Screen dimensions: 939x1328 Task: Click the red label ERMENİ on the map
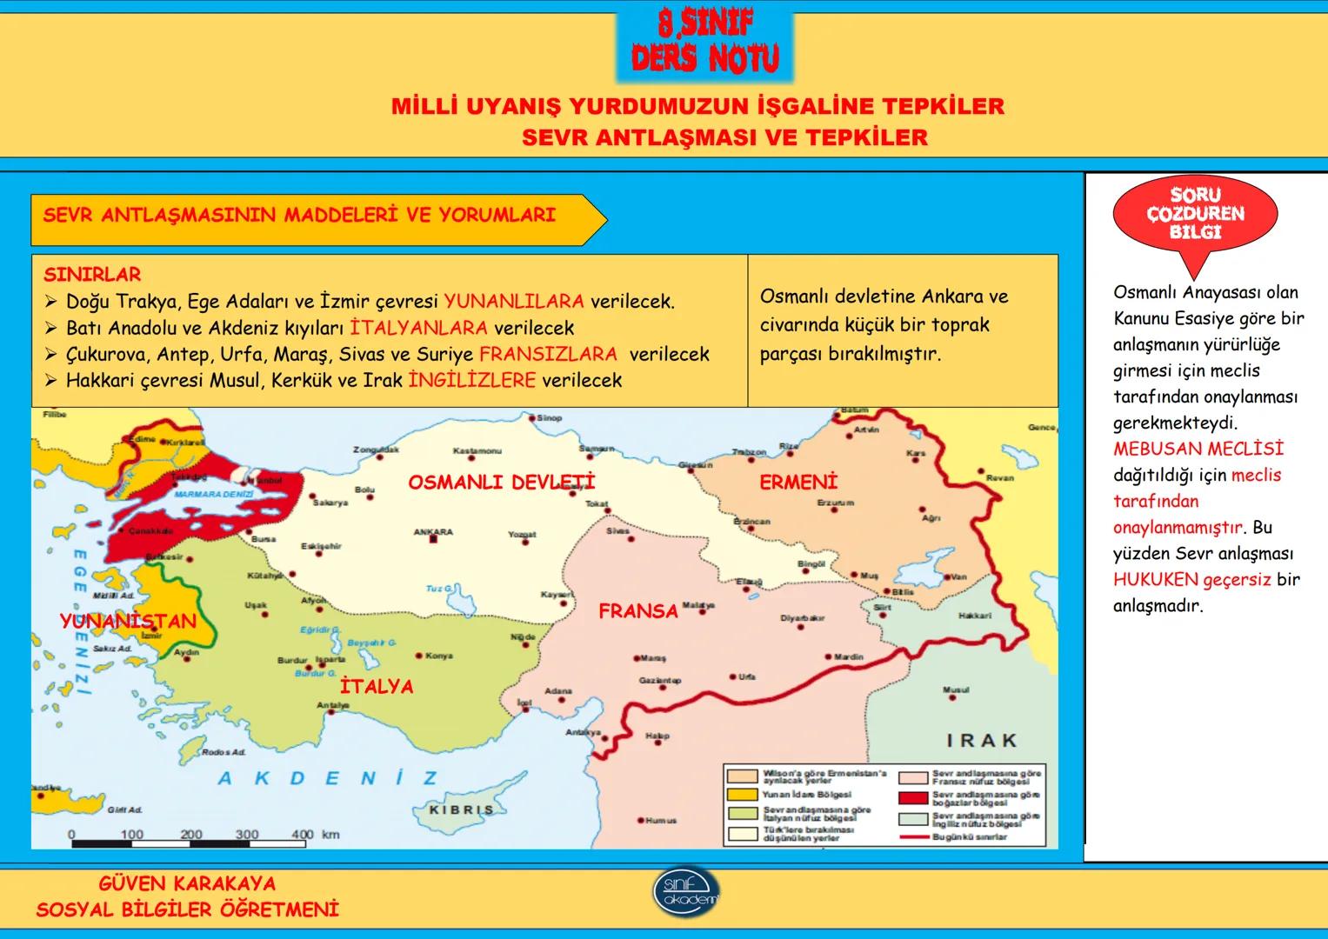click(x=797, y=483)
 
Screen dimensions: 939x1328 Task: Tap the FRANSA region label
click(x=637, y=611)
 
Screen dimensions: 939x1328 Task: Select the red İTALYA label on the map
click(x=377, y=687)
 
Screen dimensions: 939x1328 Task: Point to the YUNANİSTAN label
click(x=128, y=622)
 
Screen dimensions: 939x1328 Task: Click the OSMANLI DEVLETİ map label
click(x=502, y=483)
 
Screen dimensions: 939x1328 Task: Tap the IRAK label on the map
click(x=982, y=741)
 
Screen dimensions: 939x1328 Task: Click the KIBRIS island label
click(x=462, y=809)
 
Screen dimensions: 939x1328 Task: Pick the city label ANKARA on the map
click(x=433, y=532)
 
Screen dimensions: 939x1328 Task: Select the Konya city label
click(x=439, y=656)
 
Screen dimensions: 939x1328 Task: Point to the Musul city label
click(x=956, y=689)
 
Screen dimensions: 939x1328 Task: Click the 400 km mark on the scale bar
click(x=302, y=835)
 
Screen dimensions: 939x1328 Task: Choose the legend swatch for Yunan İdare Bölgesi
click(x=742, y=795)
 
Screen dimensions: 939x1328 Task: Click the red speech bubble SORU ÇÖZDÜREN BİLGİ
click(x=1195, y=214)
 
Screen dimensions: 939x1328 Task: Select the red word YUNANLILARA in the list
click(x=514, y=302)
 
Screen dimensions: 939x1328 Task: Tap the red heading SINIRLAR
click(x=92, y=275)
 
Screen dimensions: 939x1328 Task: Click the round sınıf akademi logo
click(x=686, y=891)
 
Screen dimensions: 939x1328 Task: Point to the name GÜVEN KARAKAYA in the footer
click(x=187, y=884)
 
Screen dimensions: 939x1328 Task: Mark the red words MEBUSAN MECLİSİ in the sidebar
click(x=1198, y=450)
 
